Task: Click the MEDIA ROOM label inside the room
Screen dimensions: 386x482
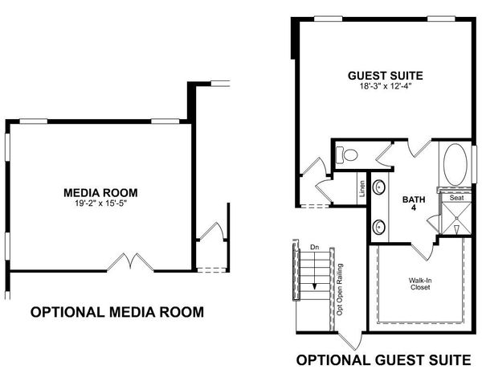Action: tap(100, 192)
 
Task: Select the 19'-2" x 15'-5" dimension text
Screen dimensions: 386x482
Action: tap(100, 203)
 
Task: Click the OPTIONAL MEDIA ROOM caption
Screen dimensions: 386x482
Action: tap(116, 312)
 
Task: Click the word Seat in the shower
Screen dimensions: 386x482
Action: tap(455, 197)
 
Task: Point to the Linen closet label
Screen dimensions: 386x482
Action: tap(362, 190)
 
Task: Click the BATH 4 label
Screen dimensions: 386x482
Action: tap(413, 203)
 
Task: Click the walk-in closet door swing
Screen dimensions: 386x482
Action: tap(426, 249)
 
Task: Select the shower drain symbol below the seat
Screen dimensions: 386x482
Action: tap(455, 230)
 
